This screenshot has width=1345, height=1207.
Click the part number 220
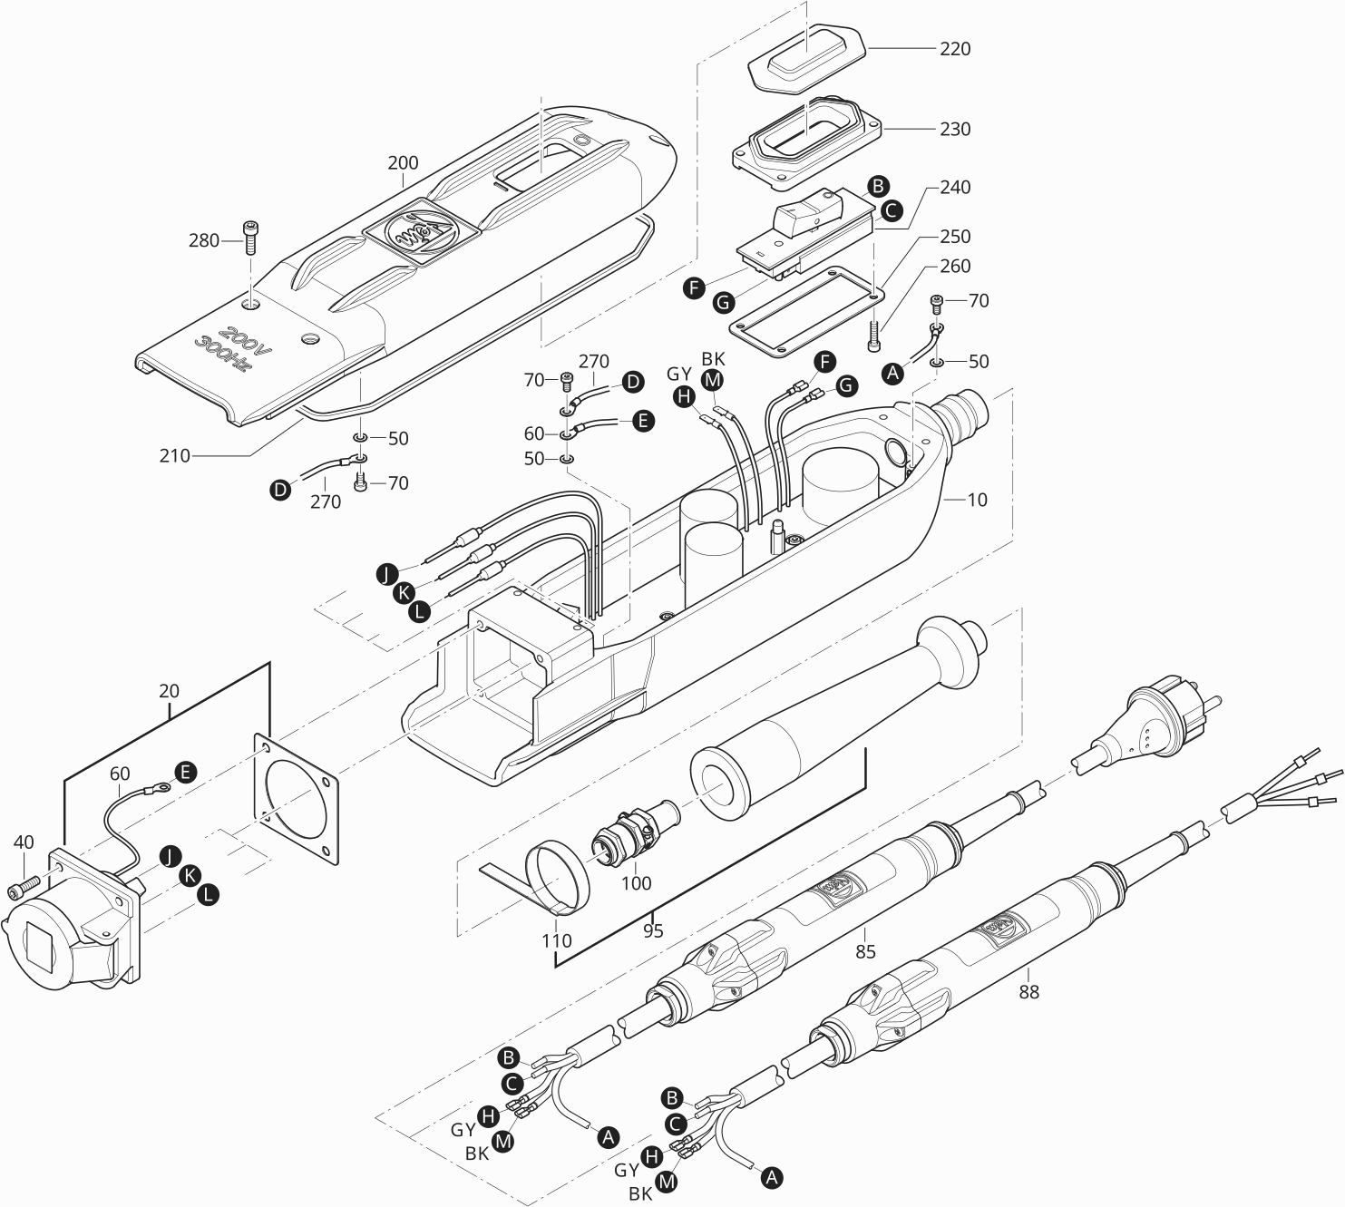coord(954,49)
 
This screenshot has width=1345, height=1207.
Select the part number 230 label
coord(954,130)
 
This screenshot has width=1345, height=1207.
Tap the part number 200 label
coord(403,163)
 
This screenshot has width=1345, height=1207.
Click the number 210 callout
coord(175,455)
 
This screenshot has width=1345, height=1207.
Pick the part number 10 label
coord(977,500)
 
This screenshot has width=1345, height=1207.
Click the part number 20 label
coord(169,691)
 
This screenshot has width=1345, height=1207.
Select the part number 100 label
coord(637,883)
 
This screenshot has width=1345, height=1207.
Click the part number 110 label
coord(557,940)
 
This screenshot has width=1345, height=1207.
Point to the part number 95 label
coord(653,930)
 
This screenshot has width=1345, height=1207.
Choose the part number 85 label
coord(866,951)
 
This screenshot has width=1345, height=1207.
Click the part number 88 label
coord(1028,992)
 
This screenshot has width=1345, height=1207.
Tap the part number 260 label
coord(954,267)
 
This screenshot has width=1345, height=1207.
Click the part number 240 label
coord(954,188)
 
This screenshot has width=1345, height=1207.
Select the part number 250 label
coord(954,237)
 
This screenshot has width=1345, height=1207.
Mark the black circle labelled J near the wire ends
coord(385,574)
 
